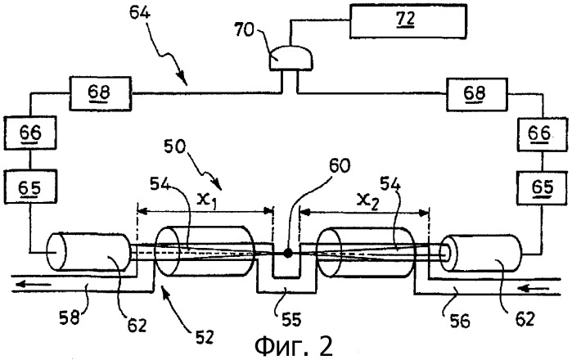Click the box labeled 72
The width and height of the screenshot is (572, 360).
[x=408, y=20]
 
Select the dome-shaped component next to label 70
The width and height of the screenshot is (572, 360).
[x=291, y=58]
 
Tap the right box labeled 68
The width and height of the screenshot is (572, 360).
[x=476, y=94]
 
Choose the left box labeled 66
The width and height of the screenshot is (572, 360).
[x=30, y=133]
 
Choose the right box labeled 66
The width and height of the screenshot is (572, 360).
[x=543, y=133]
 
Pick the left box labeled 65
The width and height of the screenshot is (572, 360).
[x=30, y=187]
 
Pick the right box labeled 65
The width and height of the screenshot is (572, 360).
[x=543, y=187]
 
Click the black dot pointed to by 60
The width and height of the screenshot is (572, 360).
[x=288, y=253]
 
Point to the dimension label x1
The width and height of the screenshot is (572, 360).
[x=206, y=200]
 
